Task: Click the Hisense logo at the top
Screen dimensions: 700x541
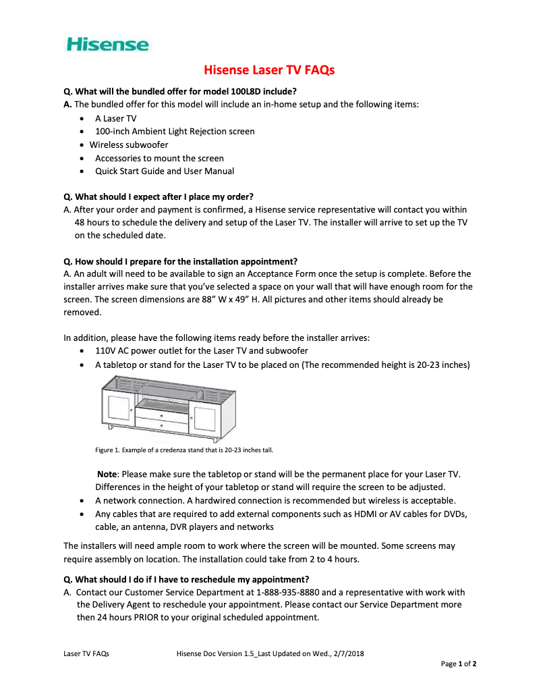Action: [108, 45]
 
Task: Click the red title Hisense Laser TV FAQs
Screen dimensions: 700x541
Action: [269, 70]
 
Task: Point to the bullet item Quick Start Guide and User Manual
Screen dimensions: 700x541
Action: [165, 171]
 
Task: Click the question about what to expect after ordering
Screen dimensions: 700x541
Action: [159, 196]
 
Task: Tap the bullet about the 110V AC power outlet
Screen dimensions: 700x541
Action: [201, 351]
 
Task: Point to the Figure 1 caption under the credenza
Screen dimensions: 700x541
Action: [184, 450]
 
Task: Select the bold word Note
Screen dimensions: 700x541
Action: [107, 475]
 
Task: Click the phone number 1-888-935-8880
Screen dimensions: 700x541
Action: [293, 592]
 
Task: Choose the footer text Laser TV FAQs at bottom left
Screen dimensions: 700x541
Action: [86, 653]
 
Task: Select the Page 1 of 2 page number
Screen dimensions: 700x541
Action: [459, 664]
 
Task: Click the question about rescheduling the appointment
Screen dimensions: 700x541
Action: [186, 579]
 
